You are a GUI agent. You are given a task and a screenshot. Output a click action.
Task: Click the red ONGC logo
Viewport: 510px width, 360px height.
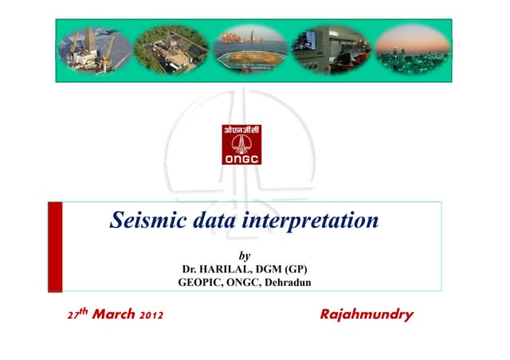click(x=241, y=145)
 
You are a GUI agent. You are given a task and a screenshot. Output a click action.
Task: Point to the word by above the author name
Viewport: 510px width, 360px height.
click(x=245, y=256)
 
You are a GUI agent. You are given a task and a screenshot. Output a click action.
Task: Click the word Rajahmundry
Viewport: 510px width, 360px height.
click(x=366, y=315)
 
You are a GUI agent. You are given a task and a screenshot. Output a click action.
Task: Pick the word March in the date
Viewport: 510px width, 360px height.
click(x=118, y=315)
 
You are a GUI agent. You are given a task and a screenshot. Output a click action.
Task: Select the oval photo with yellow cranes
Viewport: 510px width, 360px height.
click(x=95, y=47)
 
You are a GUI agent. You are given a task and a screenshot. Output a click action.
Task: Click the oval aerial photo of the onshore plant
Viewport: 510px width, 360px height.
click(x=171, y=47)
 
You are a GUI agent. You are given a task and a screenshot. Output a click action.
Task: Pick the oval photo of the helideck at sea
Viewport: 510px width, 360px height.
click(x=249, y=47)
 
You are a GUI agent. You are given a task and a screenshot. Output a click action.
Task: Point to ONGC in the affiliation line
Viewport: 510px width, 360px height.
click(x=243, y=282)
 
